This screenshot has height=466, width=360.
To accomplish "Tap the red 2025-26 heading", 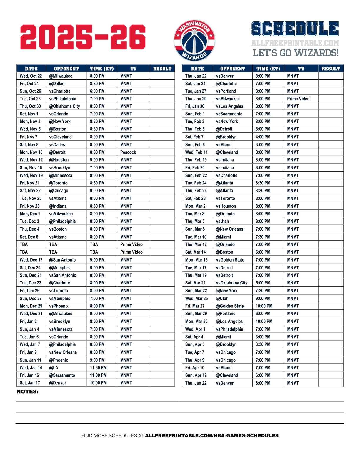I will [x=83, y=37].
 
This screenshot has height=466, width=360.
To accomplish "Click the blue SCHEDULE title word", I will [x=295, y=29].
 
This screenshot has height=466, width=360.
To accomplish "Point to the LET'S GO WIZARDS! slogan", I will [x=296, y=53].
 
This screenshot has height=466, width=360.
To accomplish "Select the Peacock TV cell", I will [x=128, y=152].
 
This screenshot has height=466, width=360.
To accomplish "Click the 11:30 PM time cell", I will [x=98, y=367].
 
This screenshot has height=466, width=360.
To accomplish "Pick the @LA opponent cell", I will [x=54, y=367].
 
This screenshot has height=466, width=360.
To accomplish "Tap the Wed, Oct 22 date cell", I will [x=31, y=76].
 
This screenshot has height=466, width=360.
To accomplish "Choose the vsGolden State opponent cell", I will [x=230, y=260].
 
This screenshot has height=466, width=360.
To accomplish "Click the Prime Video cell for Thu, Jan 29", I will [x=298, y=99].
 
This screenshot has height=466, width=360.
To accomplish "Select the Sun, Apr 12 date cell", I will [x=196, y=375].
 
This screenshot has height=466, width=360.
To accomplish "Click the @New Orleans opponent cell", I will [x=230, y=229].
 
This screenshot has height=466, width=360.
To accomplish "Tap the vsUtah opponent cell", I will [x=222, y=221].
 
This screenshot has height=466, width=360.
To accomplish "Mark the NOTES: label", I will [x=27, y=392].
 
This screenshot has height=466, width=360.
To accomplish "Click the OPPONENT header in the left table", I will [x=66, y=69].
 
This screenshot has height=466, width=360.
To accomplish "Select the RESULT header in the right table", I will [x=331, y=69].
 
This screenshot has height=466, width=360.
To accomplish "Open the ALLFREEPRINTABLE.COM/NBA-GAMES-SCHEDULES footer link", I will [x=211, y=435].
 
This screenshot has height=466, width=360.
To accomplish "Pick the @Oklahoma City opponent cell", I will [x=64, y=106].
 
